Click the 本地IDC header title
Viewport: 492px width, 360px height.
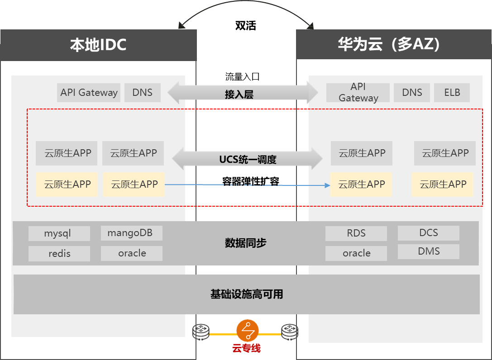98,45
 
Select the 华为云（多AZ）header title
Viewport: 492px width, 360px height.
389,44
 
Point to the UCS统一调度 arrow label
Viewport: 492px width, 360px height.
248,159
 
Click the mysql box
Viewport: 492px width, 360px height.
59,234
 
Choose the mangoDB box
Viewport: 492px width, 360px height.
131,233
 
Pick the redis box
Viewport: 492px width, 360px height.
59,254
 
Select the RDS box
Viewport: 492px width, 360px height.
356,233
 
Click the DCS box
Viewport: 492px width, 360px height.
428,233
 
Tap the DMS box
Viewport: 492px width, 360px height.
428,251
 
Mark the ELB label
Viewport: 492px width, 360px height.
452,93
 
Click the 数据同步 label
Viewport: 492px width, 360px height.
245,243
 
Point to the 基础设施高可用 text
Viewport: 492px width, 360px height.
247,294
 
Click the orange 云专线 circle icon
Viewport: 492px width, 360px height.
247,332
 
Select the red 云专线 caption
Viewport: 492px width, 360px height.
247,348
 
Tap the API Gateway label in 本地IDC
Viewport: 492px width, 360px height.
89,93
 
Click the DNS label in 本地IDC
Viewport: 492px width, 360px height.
142,93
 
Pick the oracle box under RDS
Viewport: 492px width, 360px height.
356,253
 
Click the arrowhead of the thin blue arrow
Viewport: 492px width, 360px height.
327,185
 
